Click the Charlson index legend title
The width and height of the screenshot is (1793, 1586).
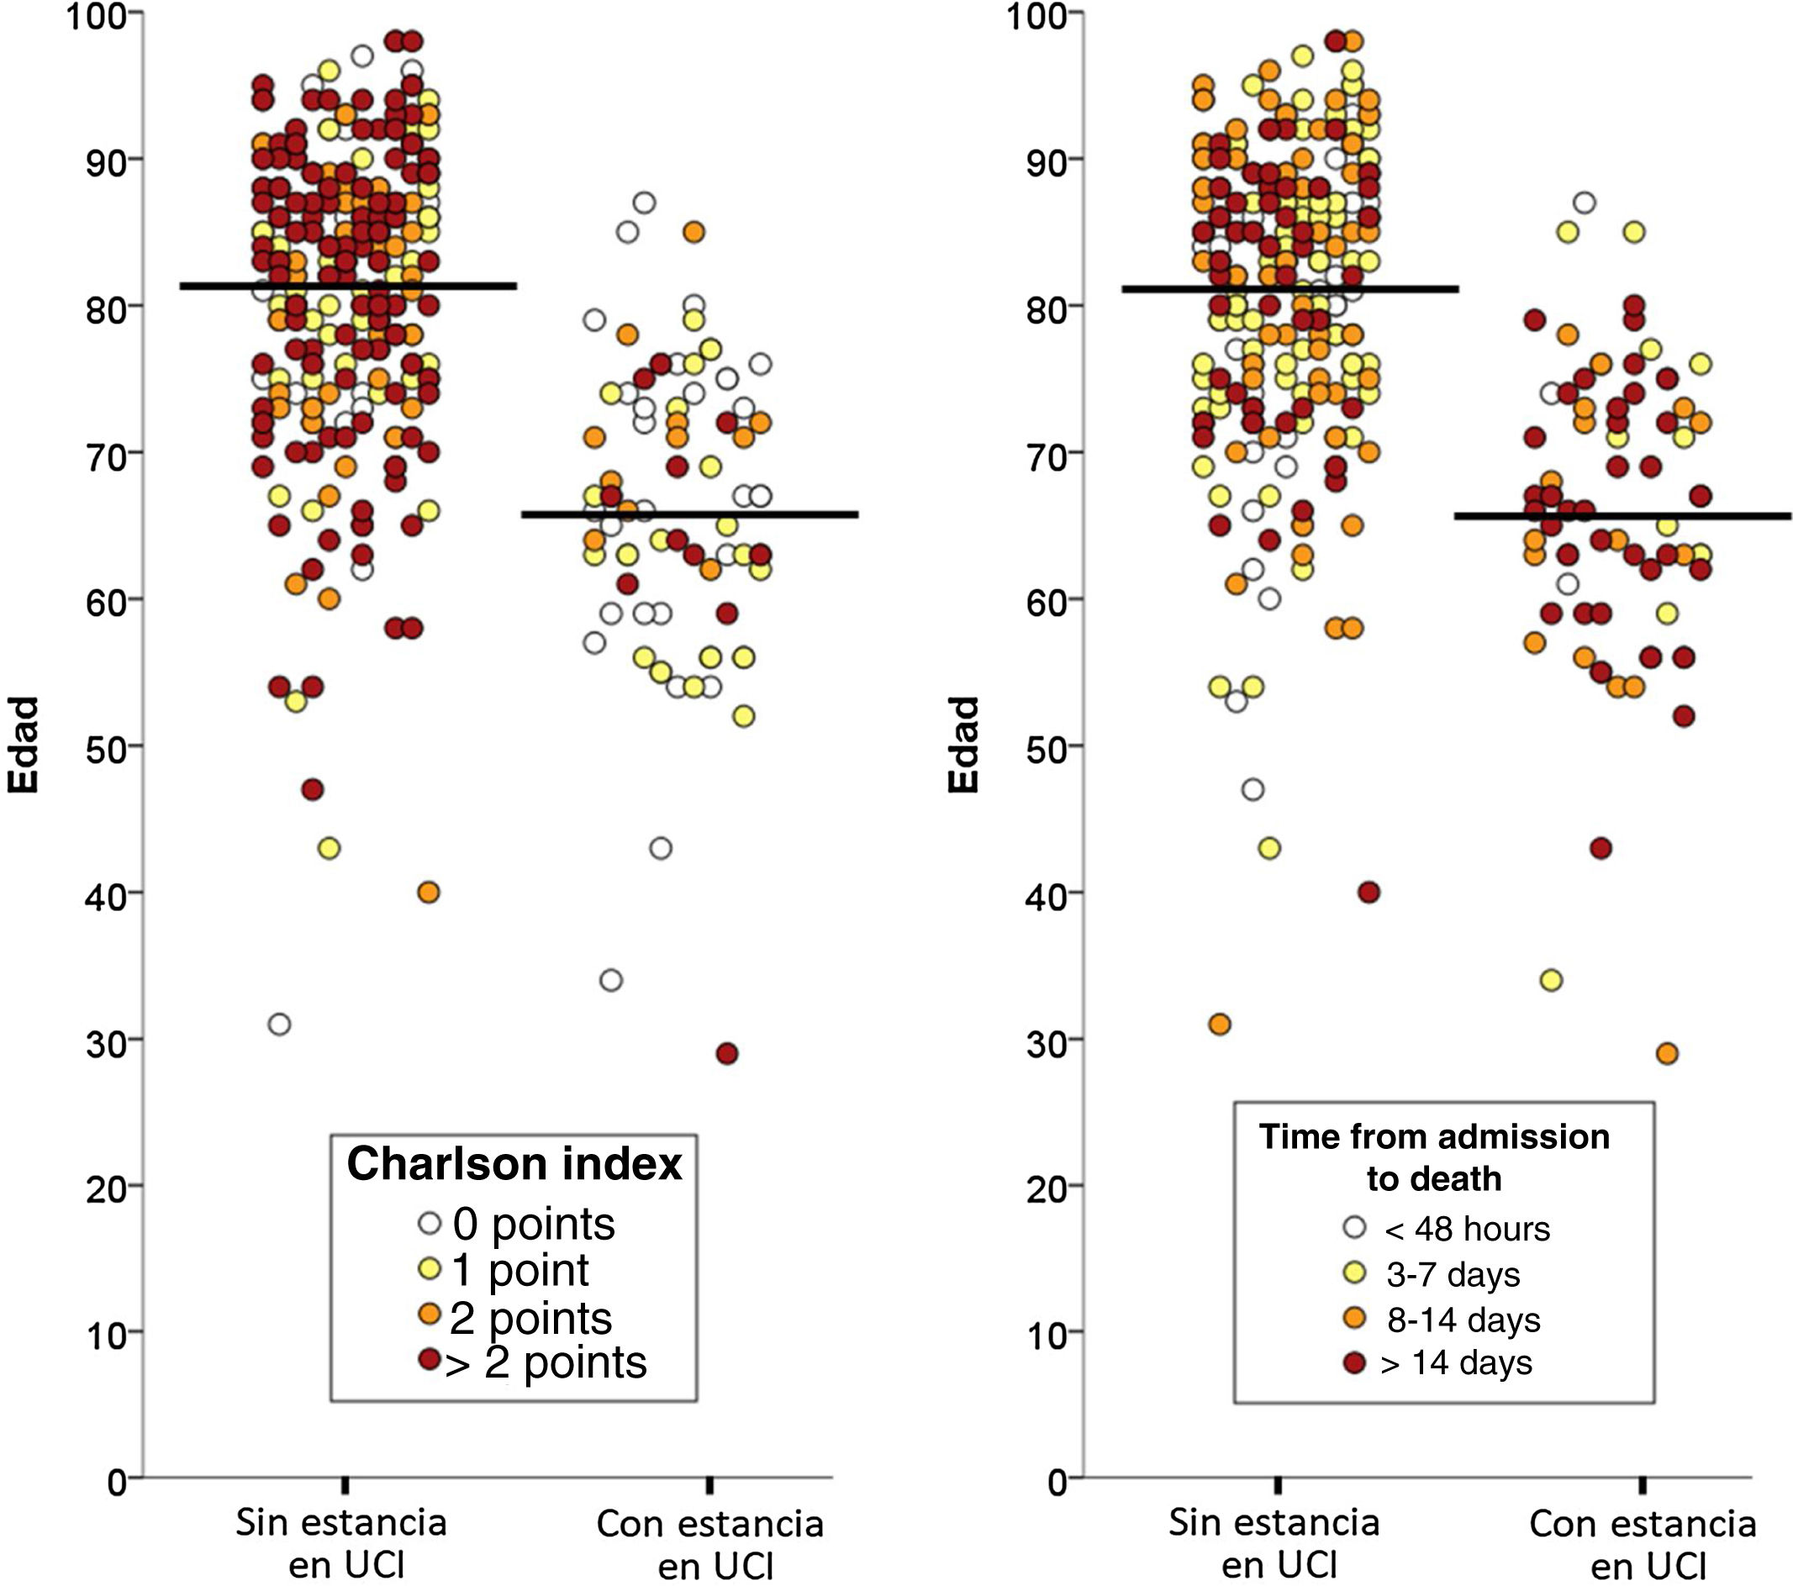(514, 1164)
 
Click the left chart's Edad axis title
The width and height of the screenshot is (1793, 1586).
(24, 746)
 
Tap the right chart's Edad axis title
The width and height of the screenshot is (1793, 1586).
(963, 746)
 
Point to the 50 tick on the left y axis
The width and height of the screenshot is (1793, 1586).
(106, 747)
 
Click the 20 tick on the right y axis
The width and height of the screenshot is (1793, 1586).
(1046, 1187)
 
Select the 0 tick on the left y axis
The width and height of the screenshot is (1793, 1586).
(118, 1483)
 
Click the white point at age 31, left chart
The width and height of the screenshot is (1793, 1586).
(280, 1024)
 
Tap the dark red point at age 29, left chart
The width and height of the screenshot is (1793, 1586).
(727, 1053)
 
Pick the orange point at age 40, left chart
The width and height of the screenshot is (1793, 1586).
(428, 892)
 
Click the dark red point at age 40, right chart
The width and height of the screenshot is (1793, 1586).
(1368, 892)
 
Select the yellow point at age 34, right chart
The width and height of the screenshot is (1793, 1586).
(1551, 980)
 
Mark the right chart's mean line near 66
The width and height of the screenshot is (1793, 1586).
(1623, 517)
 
